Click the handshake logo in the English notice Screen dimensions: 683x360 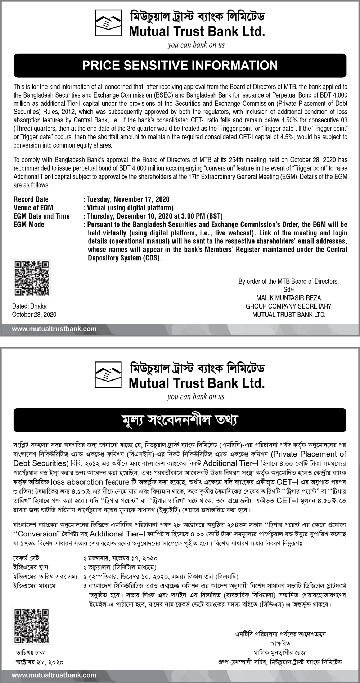point(108,23)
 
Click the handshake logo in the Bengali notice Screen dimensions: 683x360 point(108,374)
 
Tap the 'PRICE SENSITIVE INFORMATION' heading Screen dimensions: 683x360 point(180,65)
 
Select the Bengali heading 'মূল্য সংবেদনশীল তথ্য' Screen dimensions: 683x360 point(180,420)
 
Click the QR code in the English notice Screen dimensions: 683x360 point(32,278)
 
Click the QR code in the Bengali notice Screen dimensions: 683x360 point(32,626)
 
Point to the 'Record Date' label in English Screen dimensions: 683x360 point(31,199)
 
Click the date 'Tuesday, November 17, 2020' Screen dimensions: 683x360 point(128,199)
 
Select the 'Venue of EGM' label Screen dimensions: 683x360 point(33,208)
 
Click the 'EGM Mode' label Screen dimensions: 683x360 point(29,224)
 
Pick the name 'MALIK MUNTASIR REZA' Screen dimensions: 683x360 point(288,298)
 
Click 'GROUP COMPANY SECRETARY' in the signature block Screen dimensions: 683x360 point(288,306)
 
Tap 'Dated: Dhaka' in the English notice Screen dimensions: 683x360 point(29,306)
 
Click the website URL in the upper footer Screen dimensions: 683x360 point(54,329)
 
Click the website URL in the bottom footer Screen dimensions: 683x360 point(54,675)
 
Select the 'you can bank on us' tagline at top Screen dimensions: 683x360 point(196,45)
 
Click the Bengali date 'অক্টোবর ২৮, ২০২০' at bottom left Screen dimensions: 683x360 point(40,662)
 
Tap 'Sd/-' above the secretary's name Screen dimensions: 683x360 point(288,289)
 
